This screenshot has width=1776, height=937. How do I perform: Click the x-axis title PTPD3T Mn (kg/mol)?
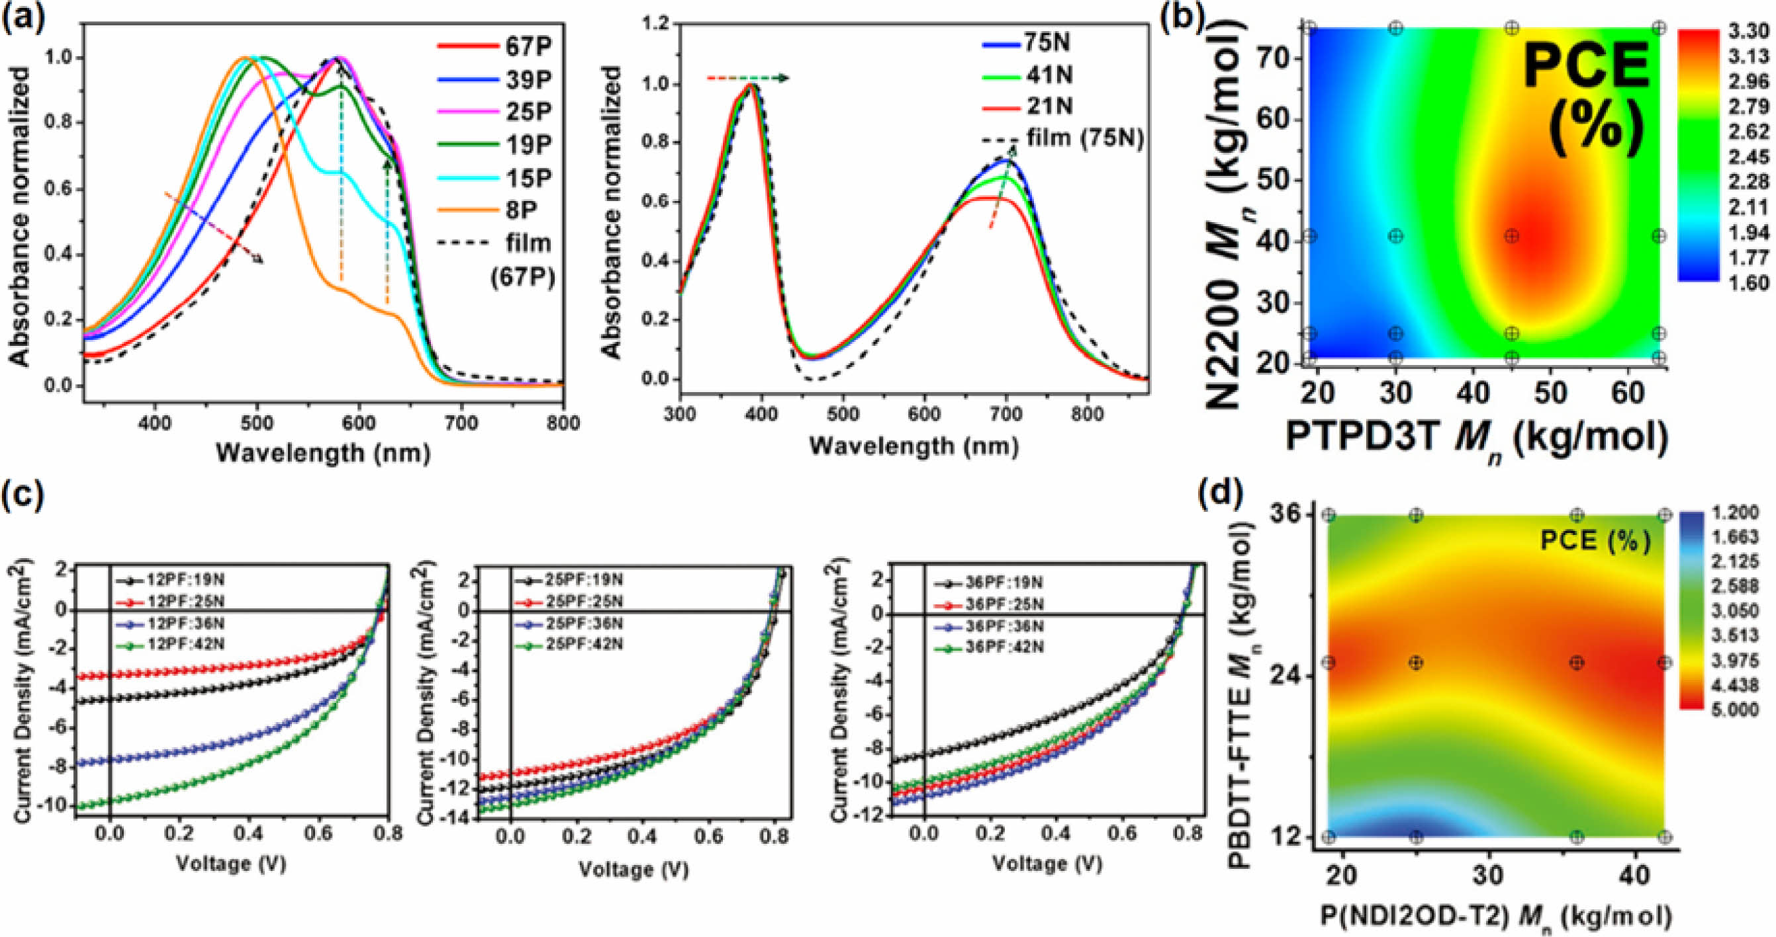tap(1475, 438)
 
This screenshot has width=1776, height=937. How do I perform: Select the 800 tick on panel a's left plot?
tap(563, 423)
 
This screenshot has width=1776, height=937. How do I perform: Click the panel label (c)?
tap(24, 494)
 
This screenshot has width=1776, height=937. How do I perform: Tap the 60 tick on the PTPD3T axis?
tap(1628, 393)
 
